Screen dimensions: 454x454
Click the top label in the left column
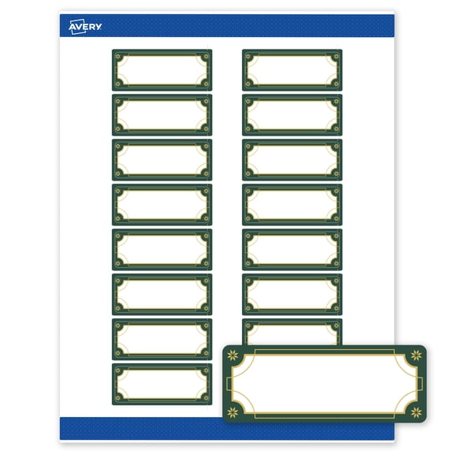click(162, 69)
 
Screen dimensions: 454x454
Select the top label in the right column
click(292, 69)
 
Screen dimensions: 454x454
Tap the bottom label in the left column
click(162, 384)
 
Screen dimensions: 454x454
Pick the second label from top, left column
click(162, 114)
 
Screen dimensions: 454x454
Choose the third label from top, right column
click(292, 159)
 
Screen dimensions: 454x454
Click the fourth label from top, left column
click(162, 204)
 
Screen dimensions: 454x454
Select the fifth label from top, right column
click(292, 249)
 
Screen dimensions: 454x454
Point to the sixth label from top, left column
click(162, 294)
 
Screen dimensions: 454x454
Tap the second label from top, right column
click(292, 114)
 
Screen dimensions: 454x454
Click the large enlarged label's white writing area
click(323, 384)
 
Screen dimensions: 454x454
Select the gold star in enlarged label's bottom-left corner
click(234, 411)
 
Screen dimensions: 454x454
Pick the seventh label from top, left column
click(162, 339)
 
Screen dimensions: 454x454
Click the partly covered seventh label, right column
click(292, 330)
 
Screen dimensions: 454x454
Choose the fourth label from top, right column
click(292, 204)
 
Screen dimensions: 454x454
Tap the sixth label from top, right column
click(292, 294)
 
